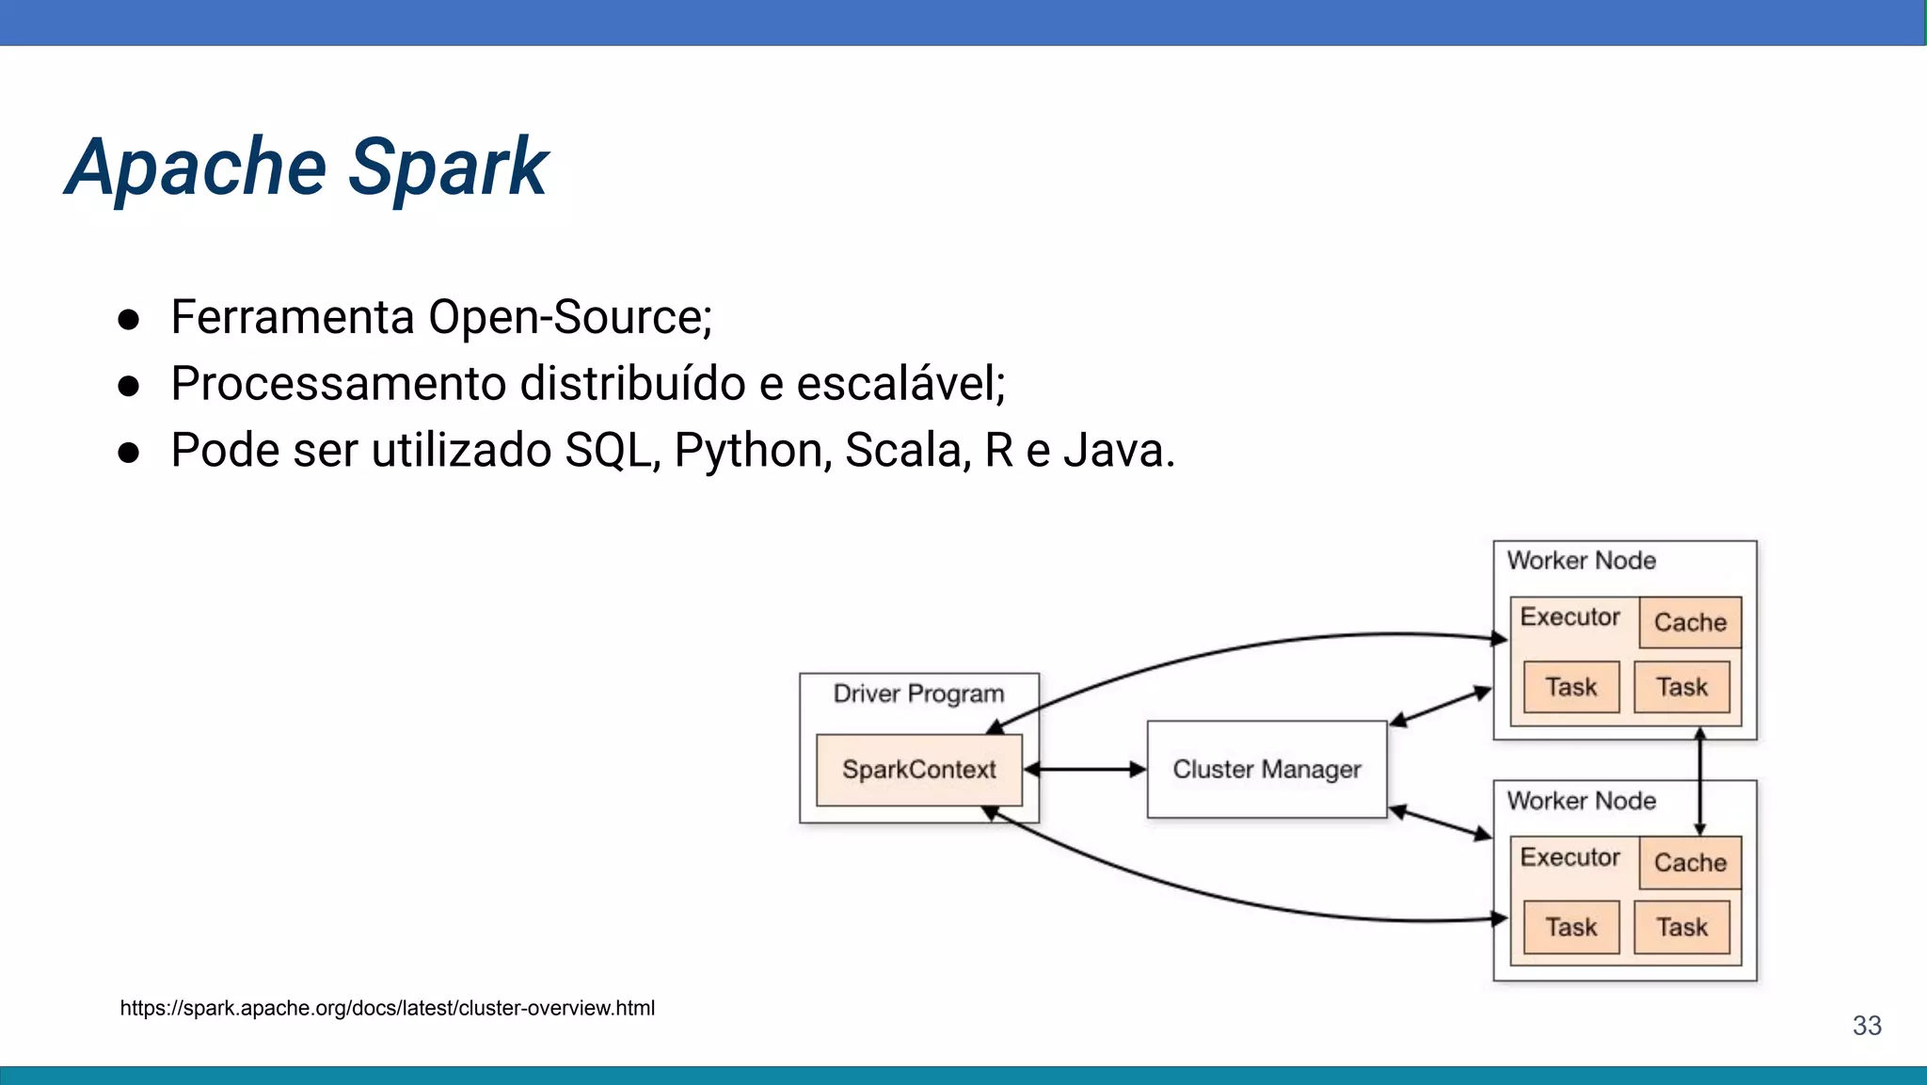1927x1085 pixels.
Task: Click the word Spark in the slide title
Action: [x=448, y=168]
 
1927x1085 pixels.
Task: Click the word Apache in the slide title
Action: [x=196, y=168]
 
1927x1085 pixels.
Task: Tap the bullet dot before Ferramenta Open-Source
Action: [x=129, y=320]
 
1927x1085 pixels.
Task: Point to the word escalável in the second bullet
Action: [x=900, y=384]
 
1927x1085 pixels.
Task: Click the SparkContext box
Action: [x=918, y=770]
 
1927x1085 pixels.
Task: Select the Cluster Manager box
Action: [x=1266, y=770]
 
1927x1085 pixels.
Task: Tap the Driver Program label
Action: [x=918, y=694]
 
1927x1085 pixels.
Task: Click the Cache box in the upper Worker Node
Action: [x=1690, y=622]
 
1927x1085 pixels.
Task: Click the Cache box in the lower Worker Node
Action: [x=1690, y=862]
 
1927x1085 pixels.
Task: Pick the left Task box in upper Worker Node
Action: [x=1570, y=687]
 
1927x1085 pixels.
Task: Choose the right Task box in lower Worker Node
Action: [x=1681, y=927]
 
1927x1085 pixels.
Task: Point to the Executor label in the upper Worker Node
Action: [x=1569, y=617]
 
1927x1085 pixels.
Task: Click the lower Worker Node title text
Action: [x=1581, y=801]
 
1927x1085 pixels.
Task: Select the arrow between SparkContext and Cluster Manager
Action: [x=1084, y=770]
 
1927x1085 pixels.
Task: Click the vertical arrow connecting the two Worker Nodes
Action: [x=1699, y=781]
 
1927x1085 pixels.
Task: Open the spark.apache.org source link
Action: [x=387, y=1008]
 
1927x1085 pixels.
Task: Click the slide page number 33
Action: [x=1867, y=1025]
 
